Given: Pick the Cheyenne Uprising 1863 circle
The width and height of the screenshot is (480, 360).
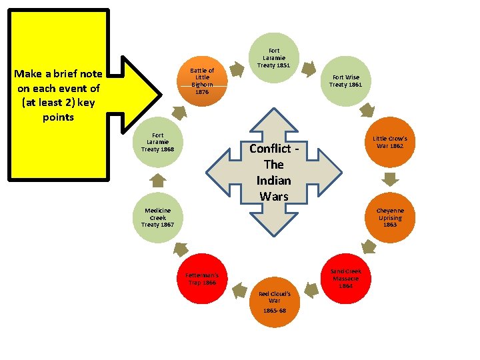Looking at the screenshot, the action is [389, 217].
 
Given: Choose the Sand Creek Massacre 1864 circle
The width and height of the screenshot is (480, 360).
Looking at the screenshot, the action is [345, 278].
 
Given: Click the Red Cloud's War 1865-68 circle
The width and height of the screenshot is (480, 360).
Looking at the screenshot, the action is [274, 299].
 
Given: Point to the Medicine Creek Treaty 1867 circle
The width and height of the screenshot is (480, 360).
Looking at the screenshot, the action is [158, 217].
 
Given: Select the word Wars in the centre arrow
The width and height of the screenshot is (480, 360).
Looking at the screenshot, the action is [273, 196].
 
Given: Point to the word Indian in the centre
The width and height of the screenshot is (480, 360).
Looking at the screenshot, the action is [273, 180].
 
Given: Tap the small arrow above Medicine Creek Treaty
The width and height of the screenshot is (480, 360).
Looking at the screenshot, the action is [157, 180].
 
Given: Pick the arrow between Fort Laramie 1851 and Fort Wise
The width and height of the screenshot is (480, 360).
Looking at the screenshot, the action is [310, 67].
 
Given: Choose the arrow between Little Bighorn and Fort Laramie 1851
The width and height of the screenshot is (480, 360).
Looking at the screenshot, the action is [236, 68].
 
